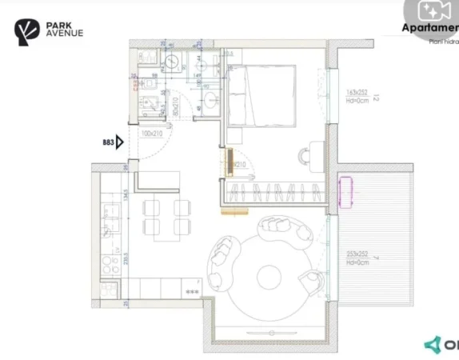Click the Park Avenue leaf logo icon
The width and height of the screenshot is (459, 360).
tap(26, 31)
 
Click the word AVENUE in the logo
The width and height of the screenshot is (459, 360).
tap(63, 34)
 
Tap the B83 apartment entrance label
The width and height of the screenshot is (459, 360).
tap(107, 142)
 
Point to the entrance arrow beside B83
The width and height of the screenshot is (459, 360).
tap(120, 142)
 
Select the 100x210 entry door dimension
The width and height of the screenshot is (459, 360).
tap(153, 134)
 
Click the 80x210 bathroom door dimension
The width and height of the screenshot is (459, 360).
tap(175, 102)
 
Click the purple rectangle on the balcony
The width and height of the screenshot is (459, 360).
tap(346, 191)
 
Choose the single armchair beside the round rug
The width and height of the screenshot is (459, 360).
tap(312, 282)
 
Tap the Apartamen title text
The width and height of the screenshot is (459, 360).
tap(429, 29)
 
